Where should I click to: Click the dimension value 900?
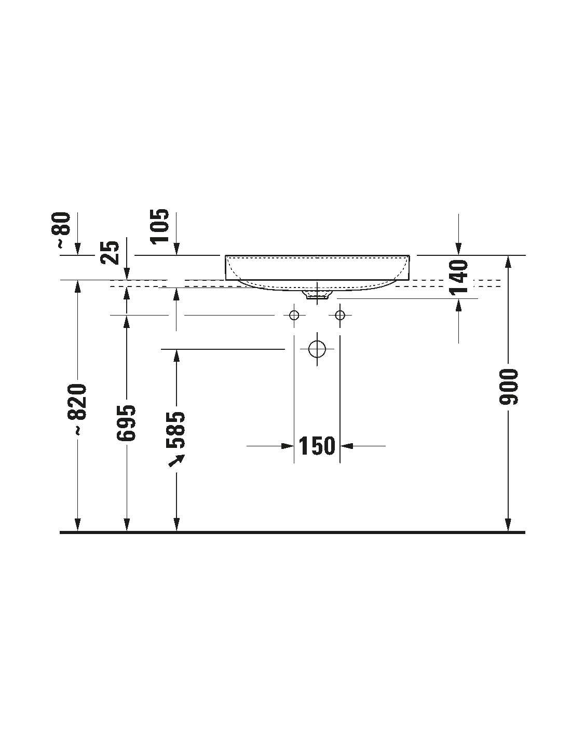[x=509, y=387]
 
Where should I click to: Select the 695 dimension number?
[x=126, y=422]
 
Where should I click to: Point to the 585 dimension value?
[x=176, y=429]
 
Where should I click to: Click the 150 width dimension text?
[x=317, y=446]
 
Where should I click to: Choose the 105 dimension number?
[x=160, y=226]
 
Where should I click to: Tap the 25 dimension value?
[x=110, y=253]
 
